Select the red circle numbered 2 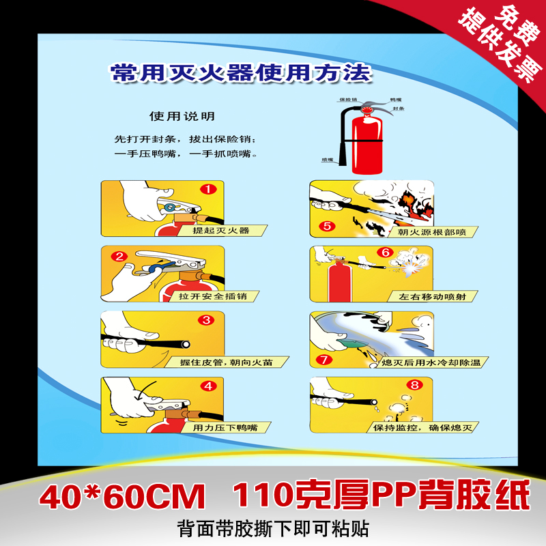(120, 257)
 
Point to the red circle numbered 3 (208, 319)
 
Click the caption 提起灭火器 (220, 231)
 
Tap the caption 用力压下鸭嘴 (225, 428)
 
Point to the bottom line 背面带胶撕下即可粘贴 (273, 528)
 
